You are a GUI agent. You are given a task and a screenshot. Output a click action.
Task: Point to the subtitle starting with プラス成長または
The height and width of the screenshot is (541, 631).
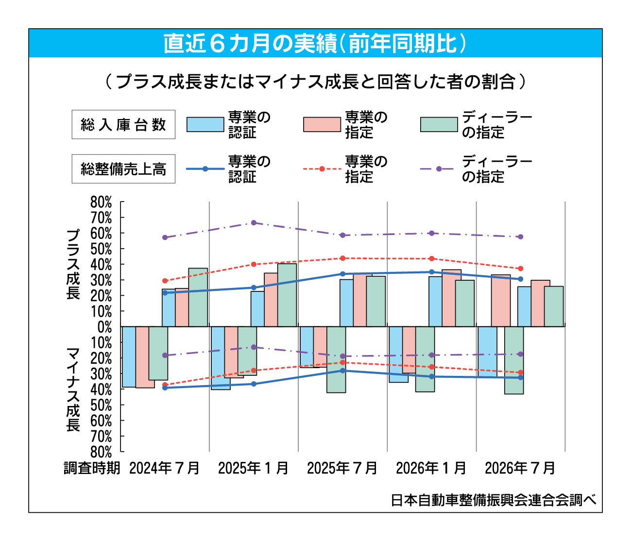pyautogui.click(x=315, y=82)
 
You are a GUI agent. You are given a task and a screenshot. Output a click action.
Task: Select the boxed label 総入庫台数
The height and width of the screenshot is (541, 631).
pyautogui.click(x=123, y=124)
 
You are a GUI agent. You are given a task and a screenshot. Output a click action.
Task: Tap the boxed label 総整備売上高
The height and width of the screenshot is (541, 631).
pyautogui.click(x=123, y=169)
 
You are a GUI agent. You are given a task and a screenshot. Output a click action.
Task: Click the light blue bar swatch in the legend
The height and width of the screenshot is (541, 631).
pyautogui.click(x=205, y=124)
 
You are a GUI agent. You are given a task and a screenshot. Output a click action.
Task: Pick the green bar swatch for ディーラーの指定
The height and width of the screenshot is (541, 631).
pyautogui.click(x=439, y=124)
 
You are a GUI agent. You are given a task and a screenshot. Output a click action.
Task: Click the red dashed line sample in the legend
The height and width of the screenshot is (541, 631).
pyautogui.click(x=322, y=169)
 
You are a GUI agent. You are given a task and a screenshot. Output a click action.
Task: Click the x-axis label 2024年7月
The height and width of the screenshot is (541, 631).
pyautogui.click(x=164, y=468)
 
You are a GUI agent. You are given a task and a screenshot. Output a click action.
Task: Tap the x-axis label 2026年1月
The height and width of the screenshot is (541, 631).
pyautogui.click(x=431, y=468)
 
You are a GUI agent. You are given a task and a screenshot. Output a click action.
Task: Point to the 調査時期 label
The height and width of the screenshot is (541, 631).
pyautogui.click(x=92, y=468)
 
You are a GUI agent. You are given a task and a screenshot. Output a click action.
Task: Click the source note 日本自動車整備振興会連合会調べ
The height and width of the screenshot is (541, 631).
pyautogui.click(x=494, y=500)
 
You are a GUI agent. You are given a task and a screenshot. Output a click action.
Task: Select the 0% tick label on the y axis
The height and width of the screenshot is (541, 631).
pyautogui.click(x=105, y=327)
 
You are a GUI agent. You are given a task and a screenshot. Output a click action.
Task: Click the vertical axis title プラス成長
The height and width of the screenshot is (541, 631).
pyautogui.click(x=73, y=264)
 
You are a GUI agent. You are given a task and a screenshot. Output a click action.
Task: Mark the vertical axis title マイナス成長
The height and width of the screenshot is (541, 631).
pyautogui.click(x=73, y=389)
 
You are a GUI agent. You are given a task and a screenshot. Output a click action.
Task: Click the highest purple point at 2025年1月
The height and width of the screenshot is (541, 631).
pyautogui.click(x=254, y=223)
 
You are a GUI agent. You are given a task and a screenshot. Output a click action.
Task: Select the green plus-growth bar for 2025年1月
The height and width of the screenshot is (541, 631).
pyautogui.click(x=287, y=295)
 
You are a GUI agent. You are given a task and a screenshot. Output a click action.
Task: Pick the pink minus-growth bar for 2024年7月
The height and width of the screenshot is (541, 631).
pyautogui.click(x=145, y=357)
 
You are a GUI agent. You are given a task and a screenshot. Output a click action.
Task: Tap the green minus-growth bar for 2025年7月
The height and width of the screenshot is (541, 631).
pyautogui.click(x=336, y=359)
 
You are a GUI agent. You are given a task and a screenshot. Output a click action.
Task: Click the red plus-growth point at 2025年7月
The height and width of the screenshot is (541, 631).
pyautogui.click(x=342, y=258)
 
